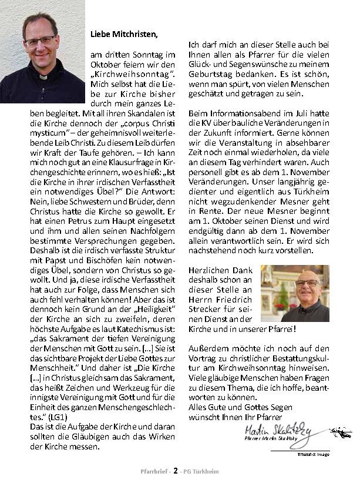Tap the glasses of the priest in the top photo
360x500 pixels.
pos(39,40)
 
